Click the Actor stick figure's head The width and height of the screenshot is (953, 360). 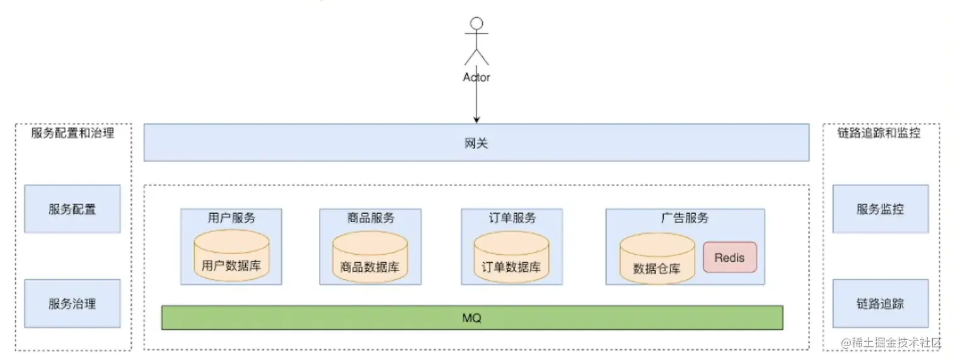click(x=477, y=24)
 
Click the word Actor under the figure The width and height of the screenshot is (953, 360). click(x=477, y=78)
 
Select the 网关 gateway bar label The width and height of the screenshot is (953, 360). click(x=476, y=144)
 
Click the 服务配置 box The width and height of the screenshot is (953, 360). click(x=72, y=209)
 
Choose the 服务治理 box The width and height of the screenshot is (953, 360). click(x=72, y=303)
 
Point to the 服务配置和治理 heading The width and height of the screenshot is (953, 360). click(x=73, y=133)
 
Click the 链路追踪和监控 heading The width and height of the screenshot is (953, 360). click(x=879, y=133)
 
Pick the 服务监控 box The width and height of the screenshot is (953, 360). click(x=880, y=209)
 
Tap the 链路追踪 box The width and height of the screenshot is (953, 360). click(x=880, y=303)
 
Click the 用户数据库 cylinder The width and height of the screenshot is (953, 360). click(x=231, y=255)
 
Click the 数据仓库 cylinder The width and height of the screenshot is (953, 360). click(x=657, y=258)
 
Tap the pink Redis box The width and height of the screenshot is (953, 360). click(x=730, y=257)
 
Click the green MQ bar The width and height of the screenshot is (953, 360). click(x=471, y=318)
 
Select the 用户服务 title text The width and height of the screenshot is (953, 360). click(x=231, y=218)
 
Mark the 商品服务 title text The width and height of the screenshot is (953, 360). click(x=370, y=218)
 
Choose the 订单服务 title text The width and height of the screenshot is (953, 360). click(x=512, y=218)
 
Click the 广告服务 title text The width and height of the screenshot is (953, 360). click(x=684, y=218)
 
